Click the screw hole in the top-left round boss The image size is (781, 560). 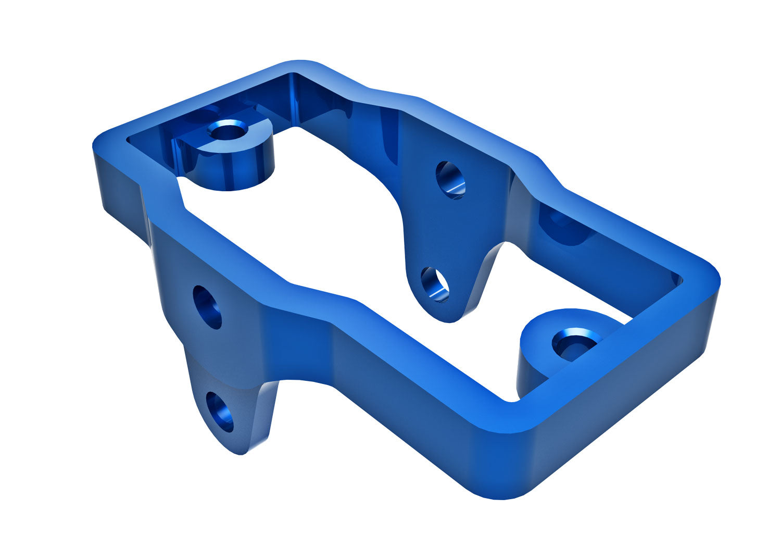point(228,130)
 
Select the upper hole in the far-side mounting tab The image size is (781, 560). point(450,180)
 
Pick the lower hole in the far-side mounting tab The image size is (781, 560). point(435,284)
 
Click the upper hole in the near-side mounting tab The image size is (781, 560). point(207,307)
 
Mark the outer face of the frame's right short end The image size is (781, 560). point(625,396)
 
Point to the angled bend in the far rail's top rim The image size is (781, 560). point(547,167)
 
